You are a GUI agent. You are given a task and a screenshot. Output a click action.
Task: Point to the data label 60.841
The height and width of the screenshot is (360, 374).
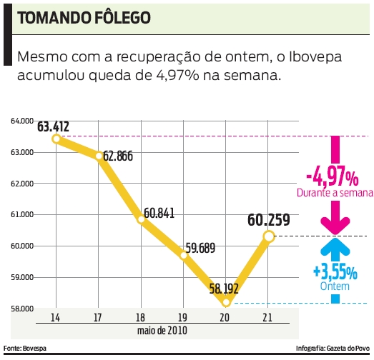[159, 213]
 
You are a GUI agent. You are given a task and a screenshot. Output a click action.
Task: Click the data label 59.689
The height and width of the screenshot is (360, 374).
[202, 249]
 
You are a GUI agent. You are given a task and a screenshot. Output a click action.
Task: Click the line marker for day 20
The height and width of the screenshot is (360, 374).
[226, 302]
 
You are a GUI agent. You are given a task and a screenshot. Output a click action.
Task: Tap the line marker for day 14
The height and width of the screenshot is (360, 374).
[56, 139]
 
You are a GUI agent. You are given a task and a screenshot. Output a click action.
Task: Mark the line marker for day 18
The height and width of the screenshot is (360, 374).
[142, 219]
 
